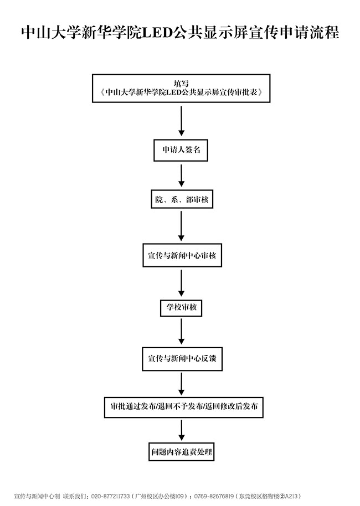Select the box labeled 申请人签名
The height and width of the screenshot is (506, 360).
click(x=181, y=149)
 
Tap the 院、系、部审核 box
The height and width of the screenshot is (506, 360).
click(x=182, y=199)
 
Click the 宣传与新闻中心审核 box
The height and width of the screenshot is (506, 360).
click(x=181, y=256)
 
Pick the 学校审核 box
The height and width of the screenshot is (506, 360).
click(x=181, y=306)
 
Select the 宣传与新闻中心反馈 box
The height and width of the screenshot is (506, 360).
click(x=181, y=359)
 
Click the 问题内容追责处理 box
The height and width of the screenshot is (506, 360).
click(x=181, y=451)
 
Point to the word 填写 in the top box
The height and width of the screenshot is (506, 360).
click(x=181, y=82)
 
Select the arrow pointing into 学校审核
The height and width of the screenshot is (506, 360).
click(x=181, y=283)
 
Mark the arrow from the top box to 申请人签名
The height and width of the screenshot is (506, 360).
click(x=181, y=121)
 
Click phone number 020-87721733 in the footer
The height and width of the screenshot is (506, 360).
click(x=110, y=496)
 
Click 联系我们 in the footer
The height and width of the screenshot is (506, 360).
click(x=75, y=496)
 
